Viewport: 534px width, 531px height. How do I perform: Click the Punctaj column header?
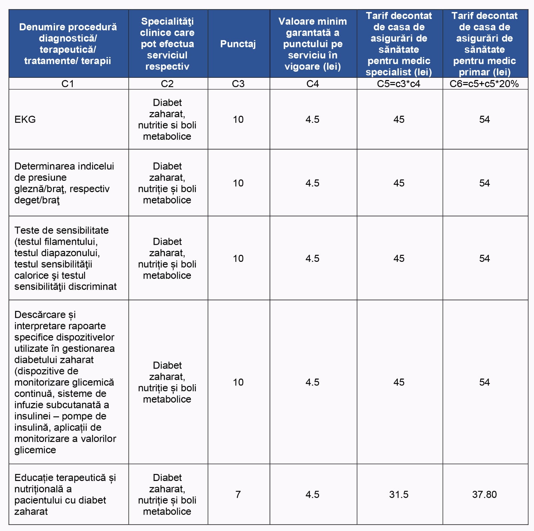click(238, 44)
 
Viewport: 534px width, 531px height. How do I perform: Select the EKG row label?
click(25, 119)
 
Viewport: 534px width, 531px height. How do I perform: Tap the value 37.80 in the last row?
click(484, 494)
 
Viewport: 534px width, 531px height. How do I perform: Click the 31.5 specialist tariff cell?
click(398, 494)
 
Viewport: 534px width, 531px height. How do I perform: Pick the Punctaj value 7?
click(238, 494)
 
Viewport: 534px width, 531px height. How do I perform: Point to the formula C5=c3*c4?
click(398, 84)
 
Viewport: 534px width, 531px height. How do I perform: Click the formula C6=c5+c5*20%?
click(484, 84)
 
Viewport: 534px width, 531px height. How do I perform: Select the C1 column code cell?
click(68, 84)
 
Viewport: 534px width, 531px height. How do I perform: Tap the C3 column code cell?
click(238, 84)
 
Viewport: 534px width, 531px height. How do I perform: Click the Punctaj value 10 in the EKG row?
click(238, 119)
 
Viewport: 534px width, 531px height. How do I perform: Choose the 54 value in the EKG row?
click(484, 119)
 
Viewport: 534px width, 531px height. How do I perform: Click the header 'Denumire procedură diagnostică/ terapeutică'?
click(68, 44)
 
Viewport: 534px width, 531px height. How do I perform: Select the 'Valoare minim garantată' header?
click(312, 44)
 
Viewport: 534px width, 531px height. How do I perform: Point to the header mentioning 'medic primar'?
click(484, 44)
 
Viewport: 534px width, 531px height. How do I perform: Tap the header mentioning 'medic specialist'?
click(398, 44)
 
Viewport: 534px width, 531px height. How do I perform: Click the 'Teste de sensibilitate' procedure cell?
click(65, 258)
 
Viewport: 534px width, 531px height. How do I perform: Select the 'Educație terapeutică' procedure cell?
click(65, 494)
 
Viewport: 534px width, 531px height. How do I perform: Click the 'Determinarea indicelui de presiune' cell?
click(64, 183)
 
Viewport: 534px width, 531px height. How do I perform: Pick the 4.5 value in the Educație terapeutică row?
click(312, 494)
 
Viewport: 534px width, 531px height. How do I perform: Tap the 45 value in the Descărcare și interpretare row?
click(398, 382)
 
